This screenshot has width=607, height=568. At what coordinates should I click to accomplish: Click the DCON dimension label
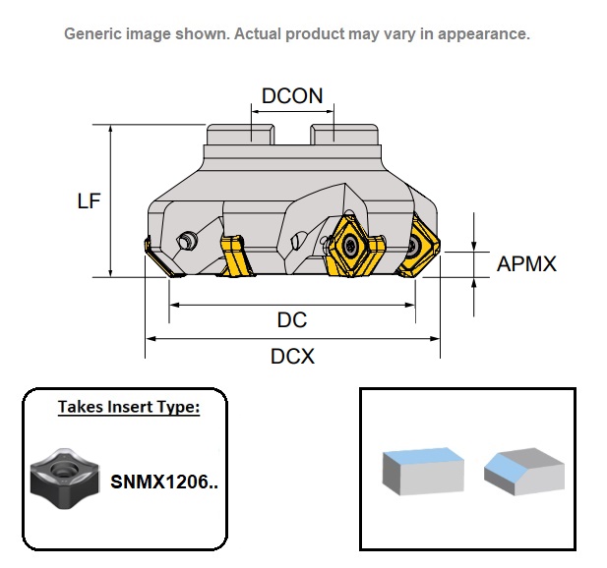(x=292, y=95)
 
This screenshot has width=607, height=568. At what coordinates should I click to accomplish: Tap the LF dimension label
(x=90, y=200)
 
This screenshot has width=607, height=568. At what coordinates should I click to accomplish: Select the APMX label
(x=526, y=264)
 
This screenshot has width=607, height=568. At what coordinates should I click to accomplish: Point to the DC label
(x=292, y=320)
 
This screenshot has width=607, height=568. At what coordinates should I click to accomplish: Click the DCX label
(x=292, y=356)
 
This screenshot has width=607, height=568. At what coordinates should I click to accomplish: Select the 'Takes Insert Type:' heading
(x=128, y=406)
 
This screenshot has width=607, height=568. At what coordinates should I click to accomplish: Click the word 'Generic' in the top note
(x=94, y=33)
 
